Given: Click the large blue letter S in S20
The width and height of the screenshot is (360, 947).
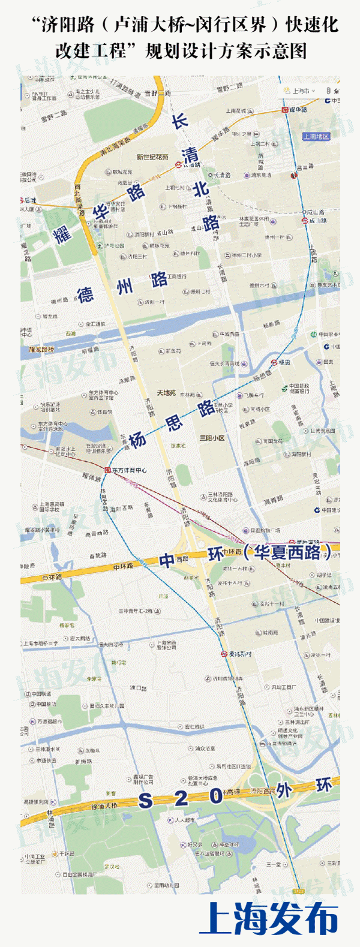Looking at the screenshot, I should (x=146, y=801).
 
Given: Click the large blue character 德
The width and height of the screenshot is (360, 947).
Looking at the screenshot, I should (x=85, y=294).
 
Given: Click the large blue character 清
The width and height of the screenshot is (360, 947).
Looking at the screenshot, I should (x=190, y=154).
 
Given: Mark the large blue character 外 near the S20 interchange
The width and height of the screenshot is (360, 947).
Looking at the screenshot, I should (x=284, y=791).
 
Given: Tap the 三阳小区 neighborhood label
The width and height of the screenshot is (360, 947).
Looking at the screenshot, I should (x=212, y=438).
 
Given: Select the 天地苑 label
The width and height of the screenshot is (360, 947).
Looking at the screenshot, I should (x=166, y=393).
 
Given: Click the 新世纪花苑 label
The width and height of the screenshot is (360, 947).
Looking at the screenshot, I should (x=152, y=157).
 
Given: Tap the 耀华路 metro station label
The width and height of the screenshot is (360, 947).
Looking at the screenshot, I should (x=298, y=110).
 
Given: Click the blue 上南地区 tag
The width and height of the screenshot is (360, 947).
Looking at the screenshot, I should (x=316, y=137).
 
